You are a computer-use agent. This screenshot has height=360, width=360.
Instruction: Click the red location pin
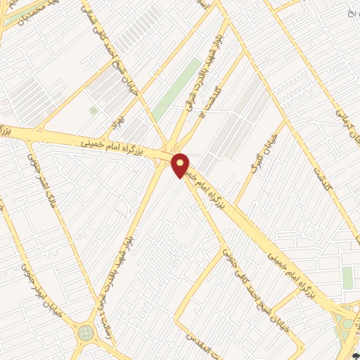(181, 165)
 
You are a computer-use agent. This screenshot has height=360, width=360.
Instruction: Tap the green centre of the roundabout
(86, 332)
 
